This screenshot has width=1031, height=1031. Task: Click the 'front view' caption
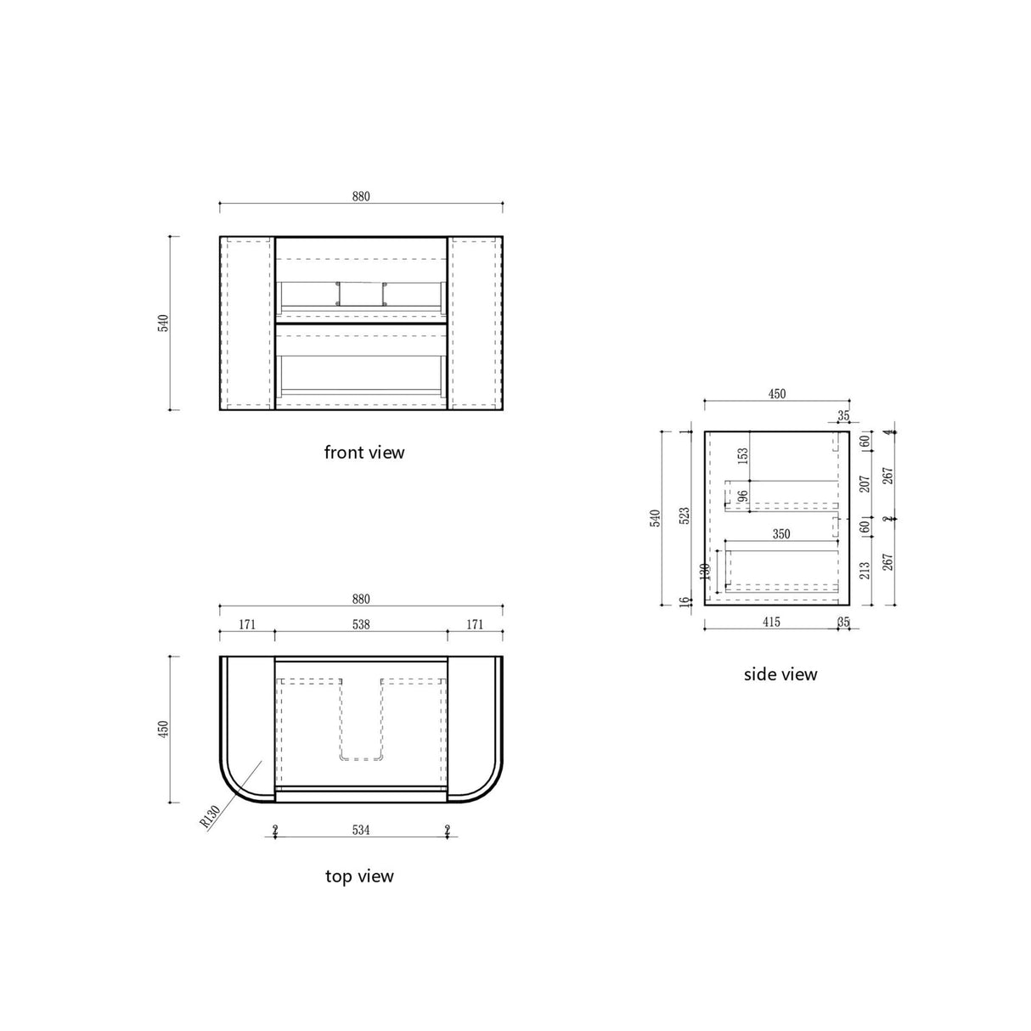(363, 453)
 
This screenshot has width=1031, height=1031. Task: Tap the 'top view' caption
(359, 876)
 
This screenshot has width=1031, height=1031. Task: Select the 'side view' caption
(780, 674)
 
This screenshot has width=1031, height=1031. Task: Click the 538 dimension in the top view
(361, 624)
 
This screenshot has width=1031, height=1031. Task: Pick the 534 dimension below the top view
(361, 830)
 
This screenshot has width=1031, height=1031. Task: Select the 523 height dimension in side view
(685, 518)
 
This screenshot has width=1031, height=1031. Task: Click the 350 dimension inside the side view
(780, 534)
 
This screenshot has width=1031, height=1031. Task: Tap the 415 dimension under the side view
(769, 623)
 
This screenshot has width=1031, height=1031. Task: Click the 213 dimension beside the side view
(865, 570)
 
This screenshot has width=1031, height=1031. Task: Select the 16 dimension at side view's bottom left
(685, 601)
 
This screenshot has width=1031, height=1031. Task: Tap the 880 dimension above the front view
(361, 196)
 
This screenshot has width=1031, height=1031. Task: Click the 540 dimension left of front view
(164, 324)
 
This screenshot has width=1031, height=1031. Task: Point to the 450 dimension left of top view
(164, 729)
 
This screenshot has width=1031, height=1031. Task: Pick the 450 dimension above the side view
(776, 393)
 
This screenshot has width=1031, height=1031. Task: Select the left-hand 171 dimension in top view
(246, 624)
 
